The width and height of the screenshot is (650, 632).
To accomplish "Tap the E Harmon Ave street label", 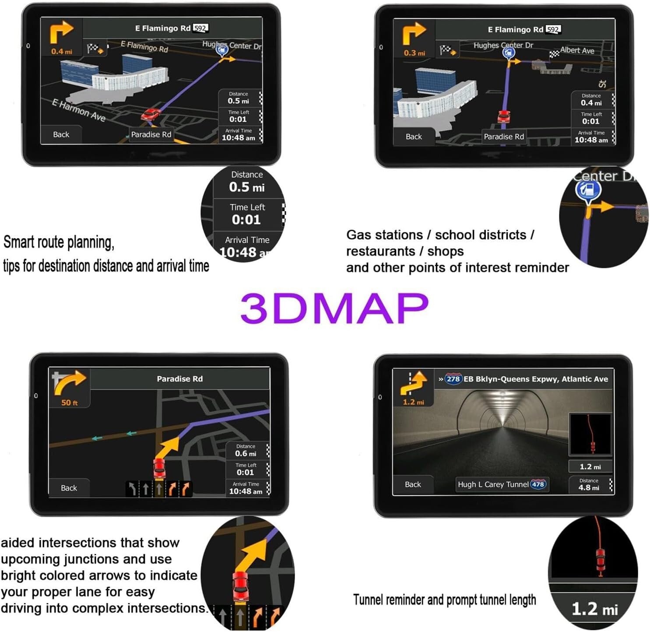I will coord(79,110).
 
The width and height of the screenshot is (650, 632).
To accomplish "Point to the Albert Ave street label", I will coord(577,50).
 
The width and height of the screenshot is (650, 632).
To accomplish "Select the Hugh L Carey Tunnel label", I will coord(493,484).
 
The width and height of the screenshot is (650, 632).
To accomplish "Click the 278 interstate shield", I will coord(453,379).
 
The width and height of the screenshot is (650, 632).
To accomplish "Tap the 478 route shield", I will coord(538,484).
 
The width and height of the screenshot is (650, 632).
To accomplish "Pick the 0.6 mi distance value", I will coord(246,454).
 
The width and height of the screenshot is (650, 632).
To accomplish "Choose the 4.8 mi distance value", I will coord(588,487).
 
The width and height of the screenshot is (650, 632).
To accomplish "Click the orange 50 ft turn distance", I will coord(69,403).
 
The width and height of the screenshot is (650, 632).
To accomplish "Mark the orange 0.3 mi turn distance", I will coord(414,53).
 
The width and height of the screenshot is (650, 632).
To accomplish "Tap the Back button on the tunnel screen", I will coord(413,484).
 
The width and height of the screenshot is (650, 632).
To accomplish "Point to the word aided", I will coord(18,543).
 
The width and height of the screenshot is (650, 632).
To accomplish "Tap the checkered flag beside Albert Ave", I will coord(554,54).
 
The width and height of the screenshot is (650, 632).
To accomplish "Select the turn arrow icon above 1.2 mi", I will coord(413,382).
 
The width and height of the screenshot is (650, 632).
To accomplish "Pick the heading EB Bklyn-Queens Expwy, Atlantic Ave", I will coord(535,379).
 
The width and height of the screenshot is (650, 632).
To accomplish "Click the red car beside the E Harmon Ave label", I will coord(151,115).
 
